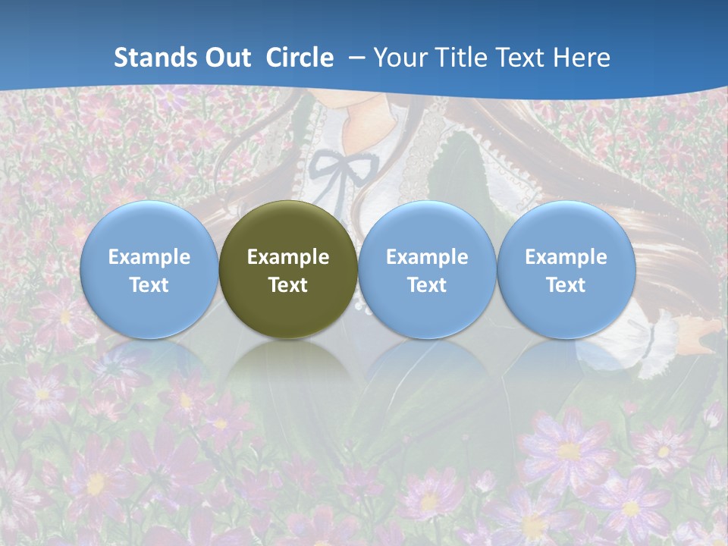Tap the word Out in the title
[226, 58]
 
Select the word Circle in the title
[300, 58]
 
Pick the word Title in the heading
[463, 58]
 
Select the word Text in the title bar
[522, 58]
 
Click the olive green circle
[288, 270]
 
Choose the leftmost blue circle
[149, 270]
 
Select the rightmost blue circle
[566, 270]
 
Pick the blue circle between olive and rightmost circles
[427, 270]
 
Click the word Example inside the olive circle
[288, 257]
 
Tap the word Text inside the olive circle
[288, 285]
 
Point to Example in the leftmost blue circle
[149, 257]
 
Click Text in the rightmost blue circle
[566, 285]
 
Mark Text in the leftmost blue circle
[149, 285]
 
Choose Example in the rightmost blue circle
[566, 257]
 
